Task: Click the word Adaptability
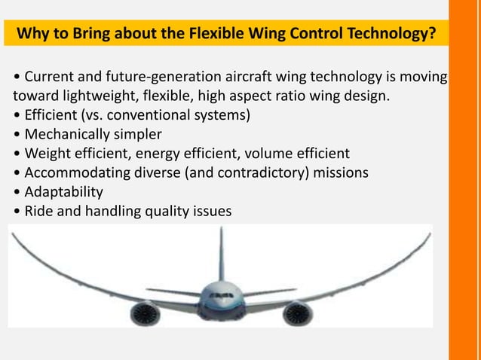(x=63, y=192)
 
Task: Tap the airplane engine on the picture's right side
(x=296, y=311)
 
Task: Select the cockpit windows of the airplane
(x=220, y=294)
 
